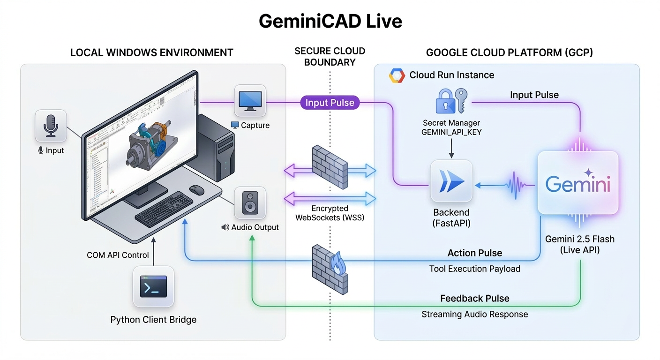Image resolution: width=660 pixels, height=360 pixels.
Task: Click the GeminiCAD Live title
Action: [x=330, y=21]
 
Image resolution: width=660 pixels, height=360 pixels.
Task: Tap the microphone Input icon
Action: [x=51, y=126]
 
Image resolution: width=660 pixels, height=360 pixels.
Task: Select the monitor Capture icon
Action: [x=250, y=100]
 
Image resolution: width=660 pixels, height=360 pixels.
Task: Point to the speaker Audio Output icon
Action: [x=250, y=202]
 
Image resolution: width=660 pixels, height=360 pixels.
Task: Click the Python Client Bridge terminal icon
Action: [x=153, y=287]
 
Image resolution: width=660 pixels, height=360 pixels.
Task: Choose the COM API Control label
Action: [x=118, y=255]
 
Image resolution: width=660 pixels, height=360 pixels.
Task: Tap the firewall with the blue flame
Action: [x=330, y=270]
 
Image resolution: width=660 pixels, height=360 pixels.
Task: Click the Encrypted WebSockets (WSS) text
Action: [x=330, y=213]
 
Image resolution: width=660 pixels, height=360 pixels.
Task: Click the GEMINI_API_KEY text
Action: [x=451, y=132]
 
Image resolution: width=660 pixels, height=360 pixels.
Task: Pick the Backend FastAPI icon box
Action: [x=451, y=181]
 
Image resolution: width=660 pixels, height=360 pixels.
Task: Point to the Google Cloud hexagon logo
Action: [x=397, y=75]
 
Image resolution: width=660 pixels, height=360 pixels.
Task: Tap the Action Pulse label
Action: [x=474, y=253]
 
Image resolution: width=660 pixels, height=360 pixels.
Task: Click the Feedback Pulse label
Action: [x=474, y=299]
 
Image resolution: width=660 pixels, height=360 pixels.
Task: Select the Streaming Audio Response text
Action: [x=474, y=314]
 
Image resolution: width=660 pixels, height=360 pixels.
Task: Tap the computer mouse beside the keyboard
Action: [x=196, y=189]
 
